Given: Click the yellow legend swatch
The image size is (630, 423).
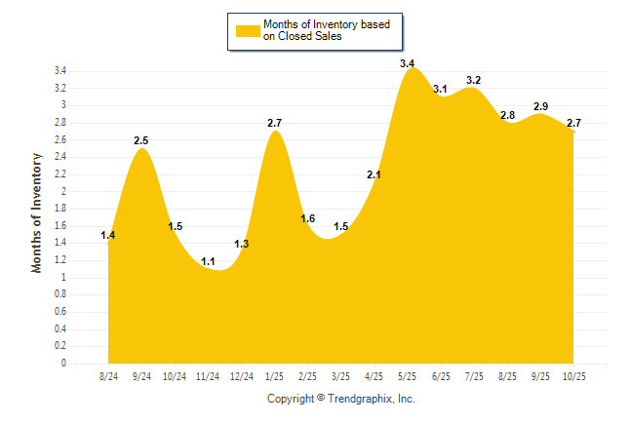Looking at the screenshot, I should pos(247,30).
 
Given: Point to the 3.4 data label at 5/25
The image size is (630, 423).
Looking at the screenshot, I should pos(408,63).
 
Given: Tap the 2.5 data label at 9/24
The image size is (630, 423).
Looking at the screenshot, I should pos(141,141).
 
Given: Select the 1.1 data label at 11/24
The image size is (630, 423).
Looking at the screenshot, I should pos(208,261).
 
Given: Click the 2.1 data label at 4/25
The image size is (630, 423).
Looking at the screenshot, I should pos(374,174).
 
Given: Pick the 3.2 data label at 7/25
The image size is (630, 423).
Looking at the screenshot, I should pos(474,80).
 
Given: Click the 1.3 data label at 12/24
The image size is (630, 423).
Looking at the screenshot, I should pos(242,244).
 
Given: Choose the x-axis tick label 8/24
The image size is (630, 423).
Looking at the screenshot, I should pos(108,376).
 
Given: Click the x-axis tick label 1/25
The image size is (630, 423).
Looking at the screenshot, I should pos(275,376).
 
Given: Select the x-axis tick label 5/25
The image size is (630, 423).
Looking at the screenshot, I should pos(408,376).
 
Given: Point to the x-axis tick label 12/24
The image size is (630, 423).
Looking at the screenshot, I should pos(241,376).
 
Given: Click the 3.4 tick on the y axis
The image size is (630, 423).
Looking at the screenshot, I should pos(59,71).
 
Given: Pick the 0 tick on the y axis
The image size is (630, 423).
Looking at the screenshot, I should pos(63,364).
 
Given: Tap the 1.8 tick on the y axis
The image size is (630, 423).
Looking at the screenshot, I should pos(59,209).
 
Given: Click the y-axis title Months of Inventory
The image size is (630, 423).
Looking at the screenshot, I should pos(37,211).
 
